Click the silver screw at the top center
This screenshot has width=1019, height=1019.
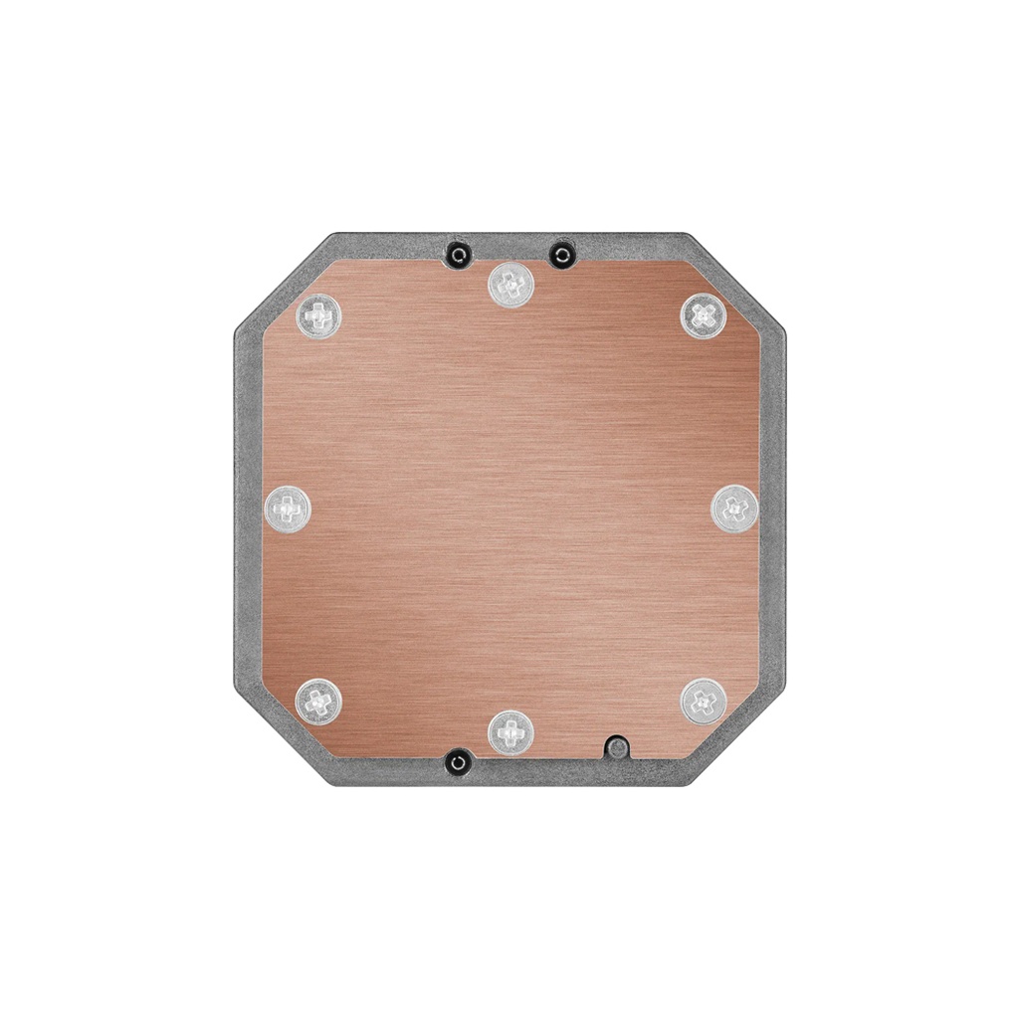point(510,286)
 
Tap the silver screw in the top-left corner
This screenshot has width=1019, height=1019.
point(318,316)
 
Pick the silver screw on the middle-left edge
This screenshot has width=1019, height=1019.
point(288,509)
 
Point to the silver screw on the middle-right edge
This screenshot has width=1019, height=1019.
point(734,509)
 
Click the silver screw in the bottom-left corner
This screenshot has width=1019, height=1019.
point(318,702)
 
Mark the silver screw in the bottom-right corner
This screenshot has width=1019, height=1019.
point(704,702)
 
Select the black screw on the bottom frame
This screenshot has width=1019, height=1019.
point(457,763)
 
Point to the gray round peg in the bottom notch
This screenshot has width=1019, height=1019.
point(617,746)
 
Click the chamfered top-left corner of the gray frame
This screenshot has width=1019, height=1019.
point(281,283)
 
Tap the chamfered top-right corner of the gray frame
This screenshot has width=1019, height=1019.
point(738,283)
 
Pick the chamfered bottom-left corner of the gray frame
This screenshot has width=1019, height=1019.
point(281,736)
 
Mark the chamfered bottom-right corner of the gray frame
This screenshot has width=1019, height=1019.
point(738,736)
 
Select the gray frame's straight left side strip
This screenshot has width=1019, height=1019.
point(248,509)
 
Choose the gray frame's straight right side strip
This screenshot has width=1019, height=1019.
point(773,509)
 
